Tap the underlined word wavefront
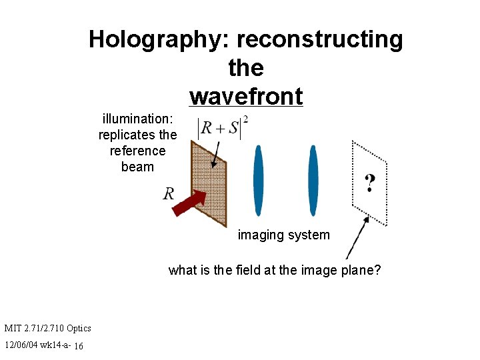[x=246, y=97]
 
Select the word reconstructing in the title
[x=319, y=40]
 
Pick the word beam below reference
[x=138, y=167]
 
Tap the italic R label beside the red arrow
[x=169, y=194]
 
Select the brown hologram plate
[x=209, y=180]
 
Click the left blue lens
[x=259, y=180]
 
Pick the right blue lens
[x=313, y=180]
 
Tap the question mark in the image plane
[x=369, y=182]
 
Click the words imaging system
[x=283, y=235]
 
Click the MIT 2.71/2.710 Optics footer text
[x=47, y=328]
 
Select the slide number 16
[x=79, y=346]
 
